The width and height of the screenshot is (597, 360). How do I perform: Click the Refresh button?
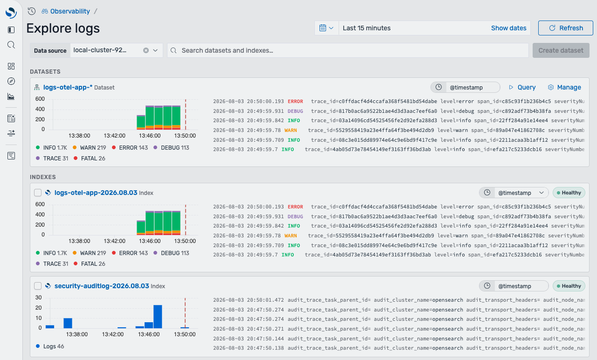click(566, 28)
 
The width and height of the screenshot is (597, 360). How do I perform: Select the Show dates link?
click(508, 28)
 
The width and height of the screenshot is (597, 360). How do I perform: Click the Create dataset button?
click(561, 50)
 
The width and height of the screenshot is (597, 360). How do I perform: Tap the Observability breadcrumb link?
click(70, 11)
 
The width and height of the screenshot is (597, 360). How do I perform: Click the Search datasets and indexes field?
click(348, 50)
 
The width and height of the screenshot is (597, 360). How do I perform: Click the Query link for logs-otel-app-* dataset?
click(522, 87)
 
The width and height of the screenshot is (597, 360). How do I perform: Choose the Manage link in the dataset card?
click(564, 87)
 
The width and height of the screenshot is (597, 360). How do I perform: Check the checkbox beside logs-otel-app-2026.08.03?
click(38, 193)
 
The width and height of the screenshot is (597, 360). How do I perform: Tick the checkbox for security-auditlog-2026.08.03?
click(38, 286)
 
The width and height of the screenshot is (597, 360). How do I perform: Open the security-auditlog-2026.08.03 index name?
click(102, 286)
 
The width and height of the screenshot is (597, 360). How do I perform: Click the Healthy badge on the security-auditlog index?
click(569, 286)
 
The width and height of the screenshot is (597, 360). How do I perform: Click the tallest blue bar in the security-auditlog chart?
click(158, 317)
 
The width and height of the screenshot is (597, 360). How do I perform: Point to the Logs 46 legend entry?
click(50, 346)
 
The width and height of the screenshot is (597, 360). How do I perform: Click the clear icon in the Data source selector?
click(146, 50)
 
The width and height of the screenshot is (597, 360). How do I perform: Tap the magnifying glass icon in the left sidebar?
click(11, 45)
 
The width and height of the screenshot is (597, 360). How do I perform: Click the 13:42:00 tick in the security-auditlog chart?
click(113, 334)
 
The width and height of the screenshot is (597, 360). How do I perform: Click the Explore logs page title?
click(63, 28)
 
